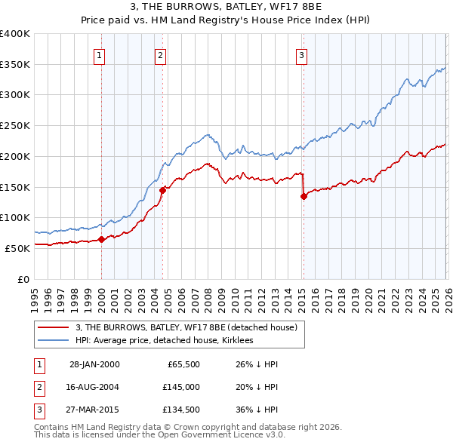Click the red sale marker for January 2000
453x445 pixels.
101,240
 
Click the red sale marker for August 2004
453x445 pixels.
162,191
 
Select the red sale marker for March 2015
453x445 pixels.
304,197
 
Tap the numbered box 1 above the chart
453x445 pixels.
100,54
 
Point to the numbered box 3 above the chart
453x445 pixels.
302,54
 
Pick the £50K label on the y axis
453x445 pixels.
18,248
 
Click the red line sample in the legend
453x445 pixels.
53,327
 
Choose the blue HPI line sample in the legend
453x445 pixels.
53,340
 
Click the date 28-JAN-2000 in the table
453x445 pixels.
94,364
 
